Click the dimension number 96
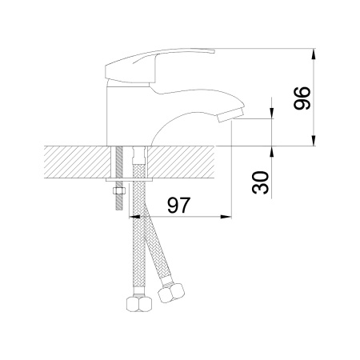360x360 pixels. tap(302, 98)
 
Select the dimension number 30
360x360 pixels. tap(261, 182)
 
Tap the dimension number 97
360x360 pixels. tap(179, 205)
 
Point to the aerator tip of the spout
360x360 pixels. tap(231, 114)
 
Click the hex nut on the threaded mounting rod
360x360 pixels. tap(119, 190)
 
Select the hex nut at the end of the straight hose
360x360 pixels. tap(139, 304)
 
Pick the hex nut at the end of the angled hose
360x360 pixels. tap(171, 293)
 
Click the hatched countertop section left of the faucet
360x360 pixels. tap(78, 162)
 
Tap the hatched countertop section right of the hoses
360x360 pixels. tap(181, 162)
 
